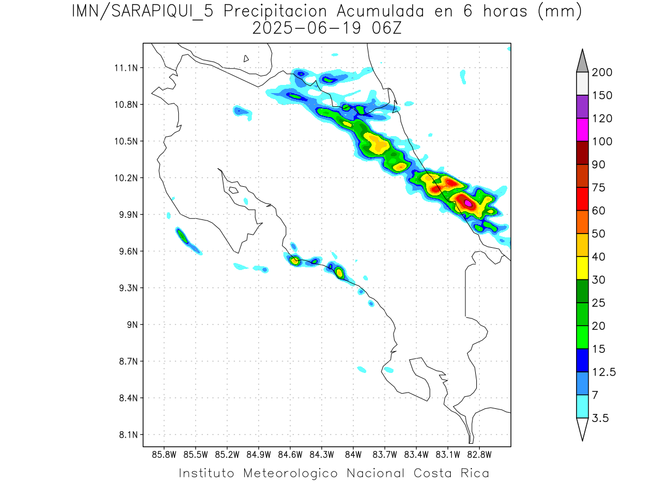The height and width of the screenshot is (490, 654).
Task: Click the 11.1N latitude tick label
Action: tap(125, 68)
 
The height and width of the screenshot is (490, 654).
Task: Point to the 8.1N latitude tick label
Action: tap(125, 434)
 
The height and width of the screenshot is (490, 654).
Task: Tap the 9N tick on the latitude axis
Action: tap(129, 324)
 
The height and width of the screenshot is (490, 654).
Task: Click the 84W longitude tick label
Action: tap(353, 454)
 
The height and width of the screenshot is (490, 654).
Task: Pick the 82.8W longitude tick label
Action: tap(479, 454)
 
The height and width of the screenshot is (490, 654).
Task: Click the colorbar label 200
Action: tap(602, 72)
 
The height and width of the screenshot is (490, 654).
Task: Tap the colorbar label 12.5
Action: tap(604, 372)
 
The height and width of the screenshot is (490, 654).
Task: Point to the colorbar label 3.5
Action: tap(601, 418)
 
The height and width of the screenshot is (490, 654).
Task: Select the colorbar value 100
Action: tap(602, 142)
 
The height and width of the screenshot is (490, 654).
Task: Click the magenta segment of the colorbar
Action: tap(582, 130)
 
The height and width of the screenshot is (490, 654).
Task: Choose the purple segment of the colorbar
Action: tap(582, 107)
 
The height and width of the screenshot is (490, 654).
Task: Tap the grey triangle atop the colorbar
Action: tap(582, 62)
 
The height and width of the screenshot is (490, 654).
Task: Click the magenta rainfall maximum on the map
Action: tap(468, 203)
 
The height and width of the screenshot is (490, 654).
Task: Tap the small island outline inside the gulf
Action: tap(233, 191)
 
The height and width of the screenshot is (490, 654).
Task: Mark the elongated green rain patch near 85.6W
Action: tap(183, 236)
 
